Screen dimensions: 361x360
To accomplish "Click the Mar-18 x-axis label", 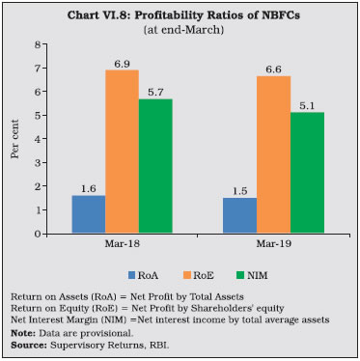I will tap(122, 245).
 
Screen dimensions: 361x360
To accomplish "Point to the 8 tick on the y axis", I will tap(40, 44).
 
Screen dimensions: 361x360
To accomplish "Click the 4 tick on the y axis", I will tap(40, 139).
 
